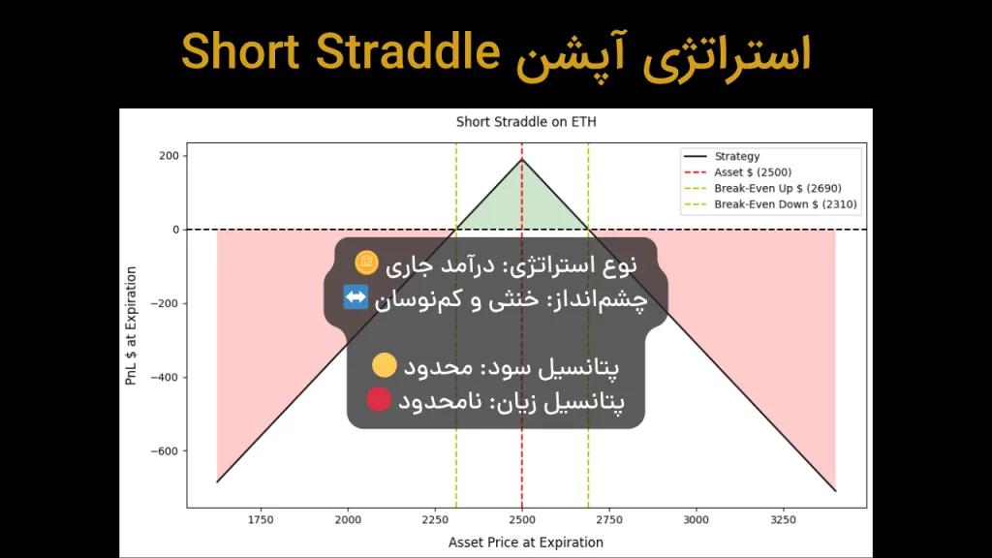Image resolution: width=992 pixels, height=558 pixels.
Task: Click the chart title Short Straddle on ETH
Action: click(x=526, y=122)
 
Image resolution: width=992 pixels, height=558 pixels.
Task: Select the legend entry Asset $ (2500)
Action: click(x=753, y=172)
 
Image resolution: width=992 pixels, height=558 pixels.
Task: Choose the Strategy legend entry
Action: click(x=736, y=156)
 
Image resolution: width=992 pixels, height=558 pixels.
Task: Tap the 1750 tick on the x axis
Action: click(x=261, y=520)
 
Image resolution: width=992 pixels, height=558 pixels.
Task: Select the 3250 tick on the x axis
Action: click(x=783, y=520)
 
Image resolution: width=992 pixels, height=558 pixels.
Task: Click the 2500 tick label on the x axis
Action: click(x=522, y=520)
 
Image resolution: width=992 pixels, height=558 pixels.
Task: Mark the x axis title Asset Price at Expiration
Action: click(x=526, y=542)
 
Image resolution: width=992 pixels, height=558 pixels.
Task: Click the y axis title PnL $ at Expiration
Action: click(x=131, y=326)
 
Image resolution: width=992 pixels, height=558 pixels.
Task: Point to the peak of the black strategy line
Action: click(x=522, y=160)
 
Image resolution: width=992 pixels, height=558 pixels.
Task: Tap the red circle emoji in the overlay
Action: click(x=379, y=399)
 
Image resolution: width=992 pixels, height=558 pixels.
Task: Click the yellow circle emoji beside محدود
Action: click(x=385, y=365)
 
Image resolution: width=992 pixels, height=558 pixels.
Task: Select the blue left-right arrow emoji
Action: click(x=356, y=298)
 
